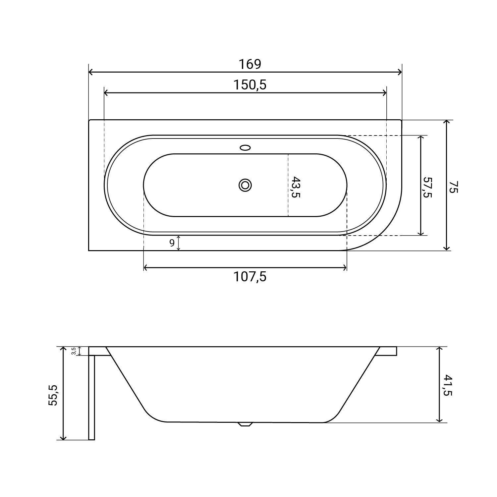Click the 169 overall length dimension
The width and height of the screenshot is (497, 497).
click(x=250, y=64)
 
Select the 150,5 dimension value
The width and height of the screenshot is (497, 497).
click(x=250, y=85)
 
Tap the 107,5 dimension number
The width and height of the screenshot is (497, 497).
click(x=250, y=277)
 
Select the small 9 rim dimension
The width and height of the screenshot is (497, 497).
click(x=172, y=243)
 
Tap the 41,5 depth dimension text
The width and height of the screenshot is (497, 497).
click(x=447, y=385)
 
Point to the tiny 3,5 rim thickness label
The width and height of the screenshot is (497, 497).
click(x=74, y=351)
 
